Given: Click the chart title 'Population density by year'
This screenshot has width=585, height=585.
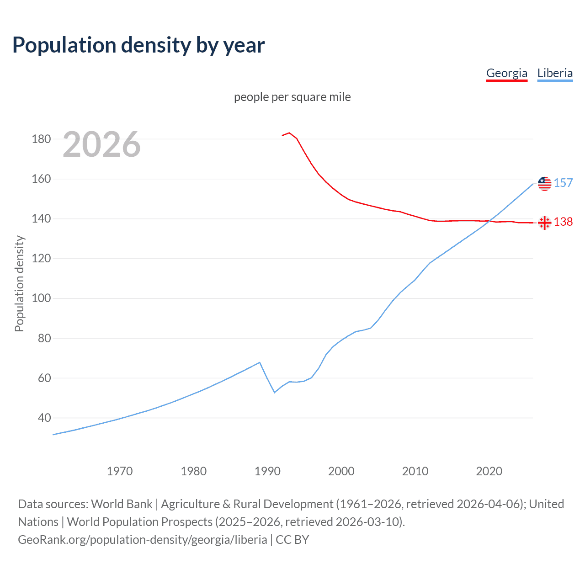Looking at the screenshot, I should pos(138,45).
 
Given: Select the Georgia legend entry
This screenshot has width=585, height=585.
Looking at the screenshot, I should pos(506,73).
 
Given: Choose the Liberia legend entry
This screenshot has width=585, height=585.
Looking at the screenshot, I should pos(555,73).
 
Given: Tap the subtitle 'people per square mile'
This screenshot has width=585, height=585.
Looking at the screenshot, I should pos(292,97).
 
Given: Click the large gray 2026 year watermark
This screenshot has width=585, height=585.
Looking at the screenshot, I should pos(101,144).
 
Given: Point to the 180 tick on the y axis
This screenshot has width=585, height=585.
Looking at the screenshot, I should pos(41,139).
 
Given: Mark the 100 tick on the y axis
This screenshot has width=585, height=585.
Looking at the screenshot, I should pos(41,298).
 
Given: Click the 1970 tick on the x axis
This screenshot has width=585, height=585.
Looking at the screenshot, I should pos(120,471).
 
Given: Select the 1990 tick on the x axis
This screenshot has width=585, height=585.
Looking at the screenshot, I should pos(267,471).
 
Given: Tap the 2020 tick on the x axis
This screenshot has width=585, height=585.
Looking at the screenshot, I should pos(489,471).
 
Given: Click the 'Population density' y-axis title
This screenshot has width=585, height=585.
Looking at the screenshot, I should pos(19,283).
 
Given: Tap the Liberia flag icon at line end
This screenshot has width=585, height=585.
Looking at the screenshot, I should pos(544,184).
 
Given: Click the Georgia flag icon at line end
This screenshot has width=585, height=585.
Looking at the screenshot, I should pos(544,223).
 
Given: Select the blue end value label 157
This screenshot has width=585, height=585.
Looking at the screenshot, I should pos(563,183).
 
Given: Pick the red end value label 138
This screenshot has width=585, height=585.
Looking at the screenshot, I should pos(563,222).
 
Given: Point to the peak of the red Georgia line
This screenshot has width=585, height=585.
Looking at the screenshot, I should pos(289,133).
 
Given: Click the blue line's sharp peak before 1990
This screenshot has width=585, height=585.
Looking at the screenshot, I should pos(260,362).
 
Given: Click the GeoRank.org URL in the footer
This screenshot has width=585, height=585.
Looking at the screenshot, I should pos(143,540).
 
